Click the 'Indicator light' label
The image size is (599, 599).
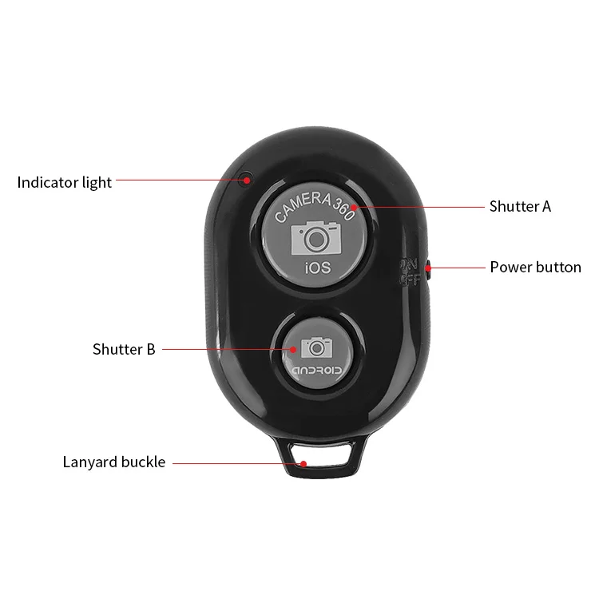tap(65, 182)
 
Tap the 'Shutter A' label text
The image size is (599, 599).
tap(520, 207)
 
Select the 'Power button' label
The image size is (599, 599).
tap(535, 267)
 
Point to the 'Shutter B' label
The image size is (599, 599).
tap(124, 349)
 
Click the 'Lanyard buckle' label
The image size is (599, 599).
tap(114, 462)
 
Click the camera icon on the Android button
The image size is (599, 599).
tap(316, 347)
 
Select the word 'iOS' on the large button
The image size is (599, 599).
tap(317, 268)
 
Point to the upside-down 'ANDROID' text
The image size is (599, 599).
tap(317, 371)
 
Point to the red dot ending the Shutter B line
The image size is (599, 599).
tap(292, 349)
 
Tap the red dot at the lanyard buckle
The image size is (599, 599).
tap(303, 462)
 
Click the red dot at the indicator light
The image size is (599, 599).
tap(248, 180)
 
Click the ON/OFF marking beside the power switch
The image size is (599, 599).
tap(408, 271)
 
